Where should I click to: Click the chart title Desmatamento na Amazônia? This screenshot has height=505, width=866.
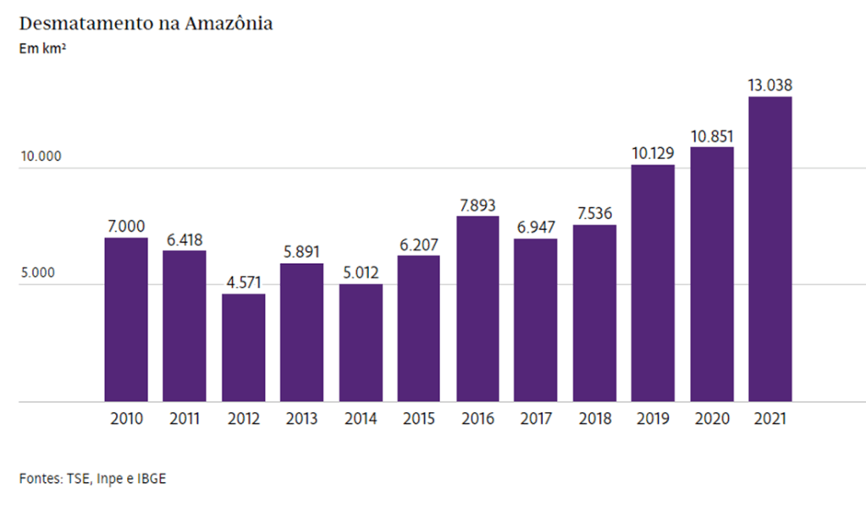point(146,24)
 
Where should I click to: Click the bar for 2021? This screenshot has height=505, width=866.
point(770,249)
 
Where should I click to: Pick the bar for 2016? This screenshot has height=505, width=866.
point(477,309)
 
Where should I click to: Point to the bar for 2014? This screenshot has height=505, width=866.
point(361,343)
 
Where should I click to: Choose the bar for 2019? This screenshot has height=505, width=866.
point(653,283)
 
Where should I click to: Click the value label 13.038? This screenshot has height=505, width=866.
point(770,85)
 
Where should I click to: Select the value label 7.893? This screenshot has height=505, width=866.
point(477,205)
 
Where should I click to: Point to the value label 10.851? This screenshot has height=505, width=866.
point(712,136)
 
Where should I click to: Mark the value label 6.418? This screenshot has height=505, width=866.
point(185,239)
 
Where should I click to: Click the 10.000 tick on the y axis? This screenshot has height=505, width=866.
point(40,157)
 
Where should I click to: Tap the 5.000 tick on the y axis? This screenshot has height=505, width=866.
point(39,273)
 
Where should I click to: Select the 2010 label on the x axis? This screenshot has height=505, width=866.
point(127,419)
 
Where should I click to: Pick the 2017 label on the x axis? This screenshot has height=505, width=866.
point(536,419)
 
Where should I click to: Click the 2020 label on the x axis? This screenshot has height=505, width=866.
point(712,419)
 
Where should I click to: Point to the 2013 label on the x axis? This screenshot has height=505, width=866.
point(302,419)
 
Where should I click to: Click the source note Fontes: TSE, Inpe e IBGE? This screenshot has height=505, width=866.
point(93,478)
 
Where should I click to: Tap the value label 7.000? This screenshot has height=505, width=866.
point(126,227)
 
